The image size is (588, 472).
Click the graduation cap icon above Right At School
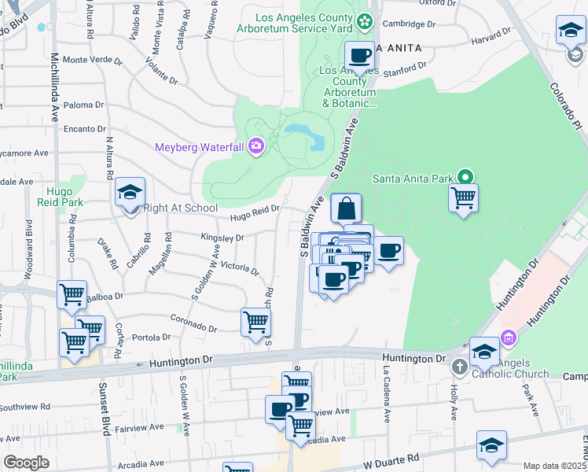pos(130,192)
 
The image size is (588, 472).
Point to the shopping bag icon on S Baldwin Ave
pos(346,209)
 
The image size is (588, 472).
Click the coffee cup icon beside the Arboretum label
pos(359,56)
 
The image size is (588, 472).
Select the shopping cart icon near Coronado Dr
pos(255,322)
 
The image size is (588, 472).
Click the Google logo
pos(26,463)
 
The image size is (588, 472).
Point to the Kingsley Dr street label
pos(222,237)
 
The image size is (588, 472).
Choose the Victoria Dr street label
pos(240,268)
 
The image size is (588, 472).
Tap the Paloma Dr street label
pos(83,105)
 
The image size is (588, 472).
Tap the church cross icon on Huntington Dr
pos(459,367)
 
